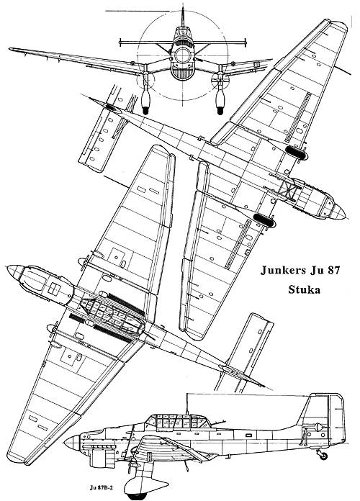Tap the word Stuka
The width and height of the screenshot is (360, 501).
coord(304,289)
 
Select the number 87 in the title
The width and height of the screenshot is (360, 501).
coord(333,271)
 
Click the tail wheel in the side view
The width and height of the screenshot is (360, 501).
coord(323,456)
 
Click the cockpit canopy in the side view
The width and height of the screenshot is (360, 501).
coord(177,422)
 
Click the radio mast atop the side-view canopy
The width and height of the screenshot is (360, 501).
coord(186,404)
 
